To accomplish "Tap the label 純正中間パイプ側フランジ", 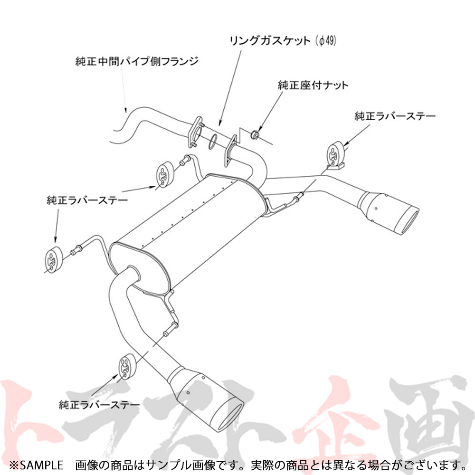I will click(x=136, y=61).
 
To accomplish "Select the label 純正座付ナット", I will click(x=313, y=85).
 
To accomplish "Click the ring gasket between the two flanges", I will click(x=213, y=140).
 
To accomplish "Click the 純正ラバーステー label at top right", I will click(x=395, y=116).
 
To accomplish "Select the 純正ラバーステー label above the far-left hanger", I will click(x=87, y=200).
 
